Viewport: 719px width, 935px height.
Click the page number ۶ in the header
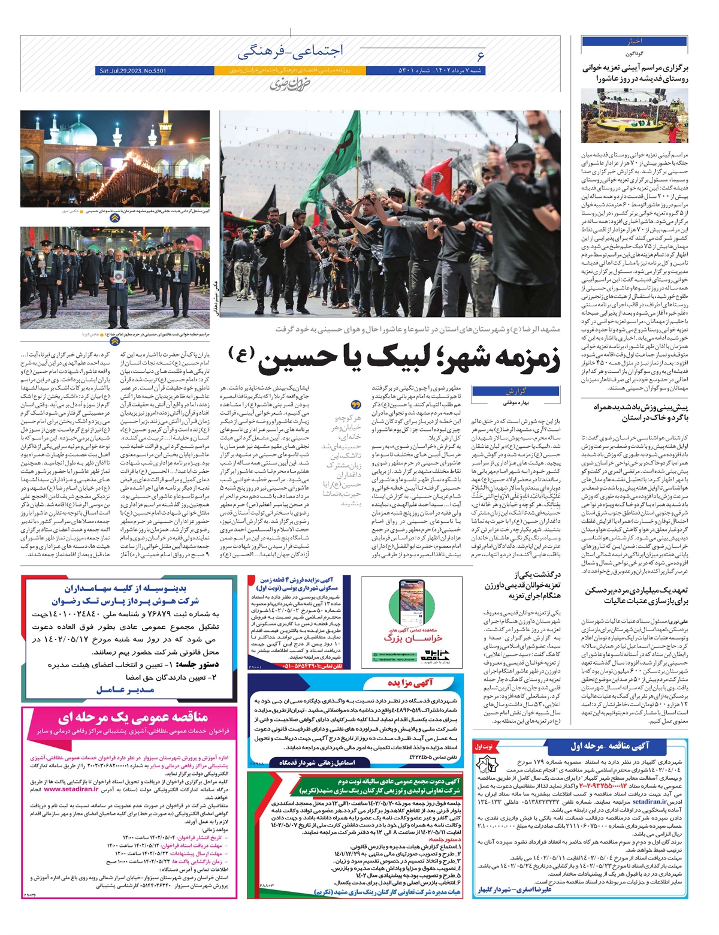(x=480, y=56)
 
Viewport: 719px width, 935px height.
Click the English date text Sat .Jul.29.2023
(x=131, y=71)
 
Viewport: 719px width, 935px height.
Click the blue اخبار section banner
(x=634, y=41)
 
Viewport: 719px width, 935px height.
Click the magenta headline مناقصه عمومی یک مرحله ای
(x=132, y=717)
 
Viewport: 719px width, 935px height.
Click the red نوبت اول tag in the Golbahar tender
(x=484, y=747)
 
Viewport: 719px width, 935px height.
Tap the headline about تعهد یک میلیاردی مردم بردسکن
(x=636, y=595)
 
